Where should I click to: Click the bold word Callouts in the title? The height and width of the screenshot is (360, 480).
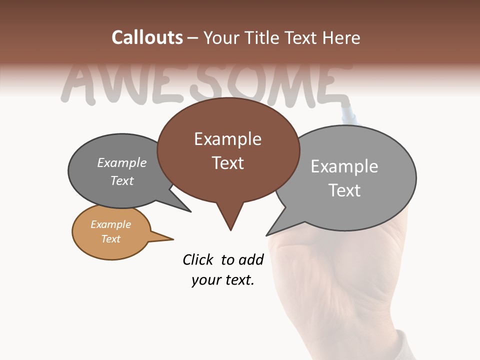coord(147,37)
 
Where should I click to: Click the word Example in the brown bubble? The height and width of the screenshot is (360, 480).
coord(227,139)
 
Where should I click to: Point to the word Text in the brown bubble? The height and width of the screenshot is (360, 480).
coord(227,163)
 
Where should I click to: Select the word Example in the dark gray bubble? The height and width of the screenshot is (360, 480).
coord(122,162)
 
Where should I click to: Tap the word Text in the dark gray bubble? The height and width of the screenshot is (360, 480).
coord(122,180)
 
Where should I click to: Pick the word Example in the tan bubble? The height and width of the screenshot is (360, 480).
coord(110,224)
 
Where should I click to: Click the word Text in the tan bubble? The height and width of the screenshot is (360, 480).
coord(110,239)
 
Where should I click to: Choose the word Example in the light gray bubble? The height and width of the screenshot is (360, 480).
coord(344,166)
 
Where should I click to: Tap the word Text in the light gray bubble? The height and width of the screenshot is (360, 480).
coord(344,190)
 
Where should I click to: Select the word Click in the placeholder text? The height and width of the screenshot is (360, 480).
coord(197,259)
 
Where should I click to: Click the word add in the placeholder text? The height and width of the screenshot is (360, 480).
coord(250,259)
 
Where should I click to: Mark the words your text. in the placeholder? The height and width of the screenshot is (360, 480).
coord(222,280)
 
